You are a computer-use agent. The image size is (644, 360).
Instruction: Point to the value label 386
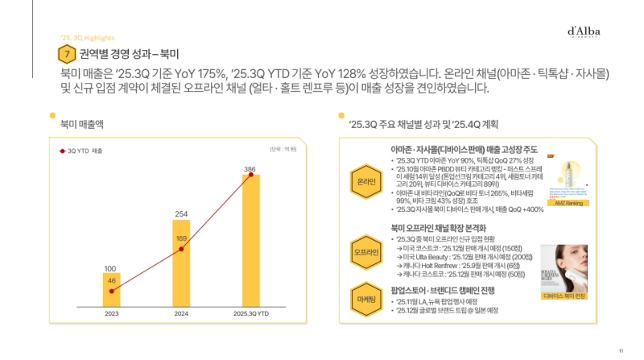coord(250,168)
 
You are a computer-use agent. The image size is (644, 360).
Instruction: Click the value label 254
coord(181,214)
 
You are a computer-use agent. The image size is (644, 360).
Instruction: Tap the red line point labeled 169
coord(181,249)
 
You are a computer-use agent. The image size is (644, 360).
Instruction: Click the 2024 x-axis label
coord(181,314)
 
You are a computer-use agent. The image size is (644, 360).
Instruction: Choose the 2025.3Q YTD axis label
coord(250,314)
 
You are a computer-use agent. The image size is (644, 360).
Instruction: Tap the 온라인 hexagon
coord(366,182)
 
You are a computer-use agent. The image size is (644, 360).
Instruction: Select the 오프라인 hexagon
coord(366,252)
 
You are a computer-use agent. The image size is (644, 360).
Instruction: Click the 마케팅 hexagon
coord(366,300)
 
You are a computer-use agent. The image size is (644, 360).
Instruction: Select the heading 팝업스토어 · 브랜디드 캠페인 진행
coord(448,289)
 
